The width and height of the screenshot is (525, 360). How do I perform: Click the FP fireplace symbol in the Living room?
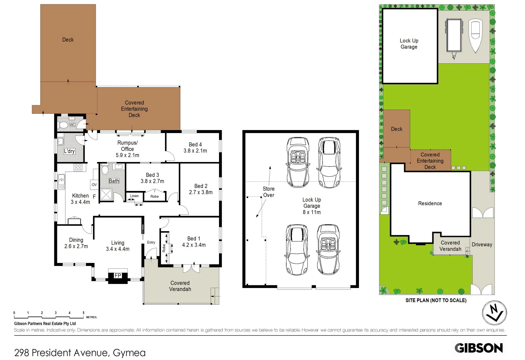click(118, 276)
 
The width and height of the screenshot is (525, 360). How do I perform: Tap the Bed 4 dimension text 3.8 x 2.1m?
click(195, 151)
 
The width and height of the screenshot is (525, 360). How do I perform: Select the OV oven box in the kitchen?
click(94, 184)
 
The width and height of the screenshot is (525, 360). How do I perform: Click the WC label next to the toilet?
click(72, 125)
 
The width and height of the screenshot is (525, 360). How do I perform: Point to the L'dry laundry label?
click(69, 151)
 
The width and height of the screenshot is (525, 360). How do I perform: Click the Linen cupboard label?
click(134, 196)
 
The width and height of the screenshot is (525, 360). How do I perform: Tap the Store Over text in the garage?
click(268, 192)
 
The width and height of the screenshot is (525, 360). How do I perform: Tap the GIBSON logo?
click(479, 348)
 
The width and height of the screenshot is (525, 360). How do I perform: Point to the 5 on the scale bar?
click(83, 313)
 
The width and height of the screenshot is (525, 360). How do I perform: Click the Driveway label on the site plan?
click(482, 244)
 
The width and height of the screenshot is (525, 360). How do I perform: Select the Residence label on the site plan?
click(430, 203)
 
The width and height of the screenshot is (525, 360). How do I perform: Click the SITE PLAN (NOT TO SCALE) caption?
click(436, 300)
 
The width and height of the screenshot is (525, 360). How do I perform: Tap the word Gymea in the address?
click(129, 353)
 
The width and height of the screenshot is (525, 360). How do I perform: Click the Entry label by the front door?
click(151, 242)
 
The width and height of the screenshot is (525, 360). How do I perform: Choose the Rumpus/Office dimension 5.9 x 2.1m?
click(127, 155)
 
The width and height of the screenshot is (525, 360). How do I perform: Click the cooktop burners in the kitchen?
click(78, 167)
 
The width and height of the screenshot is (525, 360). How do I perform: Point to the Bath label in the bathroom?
click(114, 181)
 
